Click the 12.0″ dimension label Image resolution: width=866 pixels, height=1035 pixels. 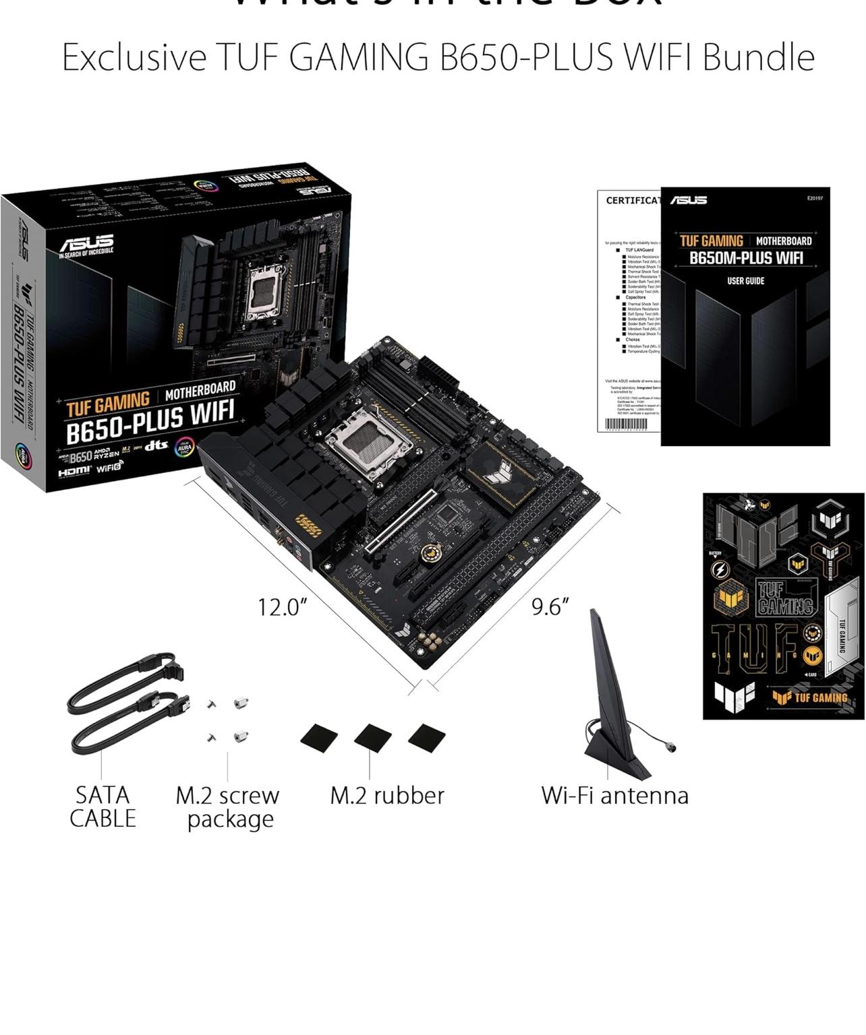(x=282, y=607)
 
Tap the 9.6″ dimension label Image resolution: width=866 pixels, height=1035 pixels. (x=550, y=606)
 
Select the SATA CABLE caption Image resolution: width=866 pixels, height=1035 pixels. (x=103, y=807)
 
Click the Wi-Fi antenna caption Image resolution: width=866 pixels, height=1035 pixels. (x=614, y=795)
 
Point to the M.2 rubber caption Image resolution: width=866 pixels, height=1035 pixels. (x=387, y=795)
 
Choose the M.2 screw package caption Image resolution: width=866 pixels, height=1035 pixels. (x=228, y=807)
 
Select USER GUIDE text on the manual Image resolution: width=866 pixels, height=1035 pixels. (x=745, y=281)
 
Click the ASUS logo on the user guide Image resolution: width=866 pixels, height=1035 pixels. (x=689, y=200)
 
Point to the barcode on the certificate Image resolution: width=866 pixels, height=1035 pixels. (x=626, y=425)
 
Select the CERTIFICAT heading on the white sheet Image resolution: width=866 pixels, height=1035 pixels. (x=633, y=200)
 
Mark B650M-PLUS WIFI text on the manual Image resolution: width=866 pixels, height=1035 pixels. (x=745, y=258)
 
